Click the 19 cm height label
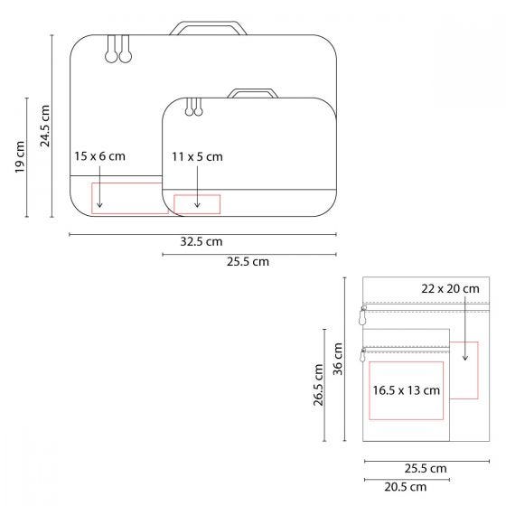[21, 159]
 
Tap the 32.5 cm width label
[201, 242]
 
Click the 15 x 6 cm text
[99, 156]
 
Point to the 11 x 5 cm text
[197, 156]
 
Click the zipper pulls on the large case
[117, 52]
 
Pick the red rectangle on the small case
[197, 203]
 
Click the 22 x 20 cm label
[450, 288]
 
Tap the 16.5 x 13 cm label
[406, 390]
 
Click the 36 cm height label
[338, 360]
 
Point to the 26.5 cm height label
[318, 386]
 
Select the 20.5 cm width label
[406, 486]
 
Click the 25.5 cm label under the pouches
[425, 468]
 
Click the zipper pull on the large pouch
[363, 316]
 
